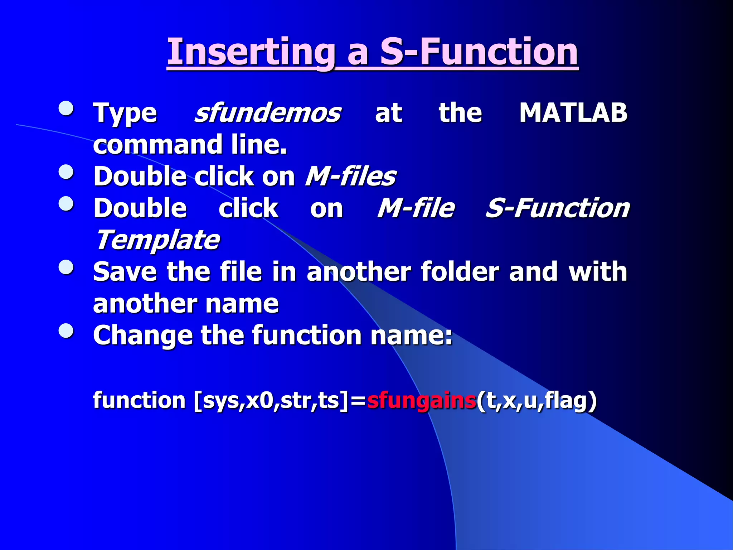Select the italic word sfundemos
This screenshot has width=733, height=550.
(267, 113)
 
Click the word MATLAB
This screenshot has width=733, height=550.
(573, 113)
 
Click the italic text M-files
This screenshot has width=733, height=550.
(350, 177)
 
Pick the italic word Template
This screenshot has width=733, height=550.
(158, 240)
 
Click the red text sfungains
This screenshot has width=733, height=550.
(421, 400)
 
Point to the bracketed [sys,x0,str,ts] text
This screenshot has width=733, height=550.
(271, 400)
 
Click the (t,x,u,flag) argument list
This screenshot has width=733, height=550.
(537, 400)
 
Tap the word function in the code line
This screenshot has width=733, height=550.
(139, 400)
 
